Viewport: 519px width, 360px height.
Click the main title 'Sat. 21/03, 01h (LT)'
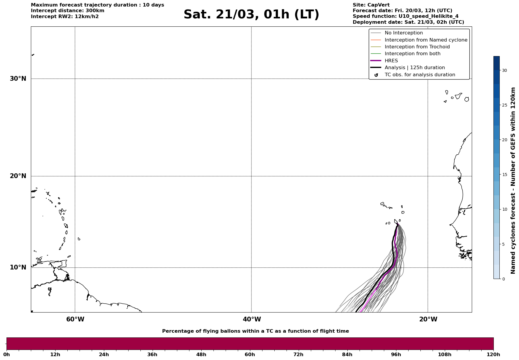(251, 15)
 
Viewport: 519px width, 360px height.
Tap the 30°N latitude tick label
(18, 79)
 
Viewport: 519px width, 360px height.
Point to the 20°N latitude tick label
(18, 176)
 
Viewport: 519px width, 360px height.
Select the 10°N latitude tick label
(18, 267)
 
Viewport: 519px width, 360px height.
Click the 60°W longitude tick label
(75, 319)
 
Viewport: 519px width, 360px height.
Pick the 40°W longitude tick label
(252, 319)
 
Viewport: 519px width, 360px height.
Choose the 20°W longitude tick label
(428, 319)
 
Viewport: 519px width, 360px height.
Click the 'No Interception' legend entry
(404, 33)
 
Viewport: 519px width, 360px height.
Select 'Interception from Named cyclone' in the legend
(426, 40)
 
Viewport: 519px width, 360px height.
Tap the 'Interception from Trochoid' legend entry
(417, 47)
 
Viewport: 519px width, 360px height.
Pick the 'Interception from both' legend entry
(412, 54)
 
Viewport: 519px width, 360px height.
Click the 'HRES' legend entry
(391, 61)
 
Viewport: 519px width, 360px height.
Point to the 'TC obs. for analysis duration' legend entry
(420, 75)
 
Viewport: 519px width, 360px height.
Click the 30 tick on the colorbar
(504, 70)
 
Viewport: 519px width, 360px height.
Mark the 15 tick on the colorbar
(504, 175)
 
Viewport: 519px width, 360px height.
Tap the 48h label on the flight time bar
(201, 354)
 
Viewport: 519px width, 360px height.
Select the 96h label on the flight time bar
(396, 354)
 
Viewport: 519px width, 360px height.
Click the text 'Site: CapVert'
(371, 5)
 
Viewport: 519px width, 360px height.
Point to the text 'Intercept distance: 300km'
(67, 11)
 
